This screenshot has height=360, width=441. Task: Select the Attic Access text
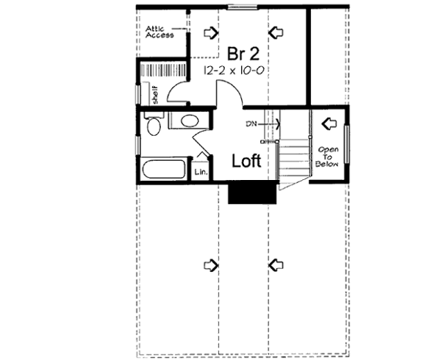pyautogui.click(x=159, y=31)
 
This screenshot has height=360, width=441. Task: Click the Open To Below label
pyautogui.click(x=326, y=155)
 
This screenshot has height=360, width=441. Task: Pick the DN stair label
pyautogui.click(x=252, y=123)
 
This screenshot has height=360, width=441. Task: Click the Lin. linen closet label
pyautogui.click(x=199, y=173)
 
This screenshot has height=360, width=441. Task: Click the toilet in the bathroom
pyautogui.click(x=153, y=125)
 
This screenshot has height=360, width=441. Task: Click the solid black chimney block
pyautogui.click(x=242, y=193)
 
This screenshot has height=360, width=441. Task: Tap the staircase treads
pyautogui.click(x=293, y=158)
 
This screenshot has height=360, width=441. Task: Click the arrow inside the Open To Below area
pyautogui.click(x=328, y=122)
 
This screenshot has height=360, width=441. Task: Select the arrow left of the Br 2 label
pyautogui.click(x=212, y=32)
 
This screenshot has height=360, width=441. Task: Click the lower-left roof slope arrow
pyautogui.click(x=212, y=264)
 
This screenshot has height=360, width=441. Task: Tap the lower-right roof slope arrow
pyautogui.click(x=276, y=264)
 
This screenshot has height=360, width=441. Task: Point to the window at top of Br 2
pyautogui.click(x=242, y=8)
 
